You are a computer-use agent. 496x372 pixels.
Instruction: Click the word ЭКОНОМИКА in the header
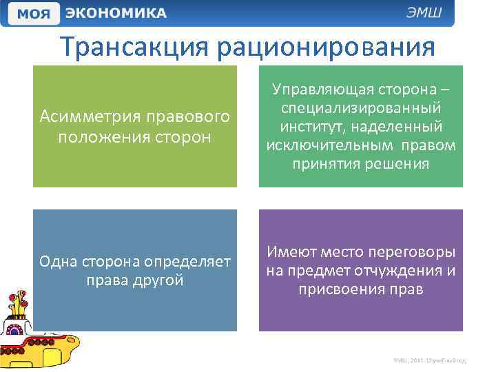tap(116, 13)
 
